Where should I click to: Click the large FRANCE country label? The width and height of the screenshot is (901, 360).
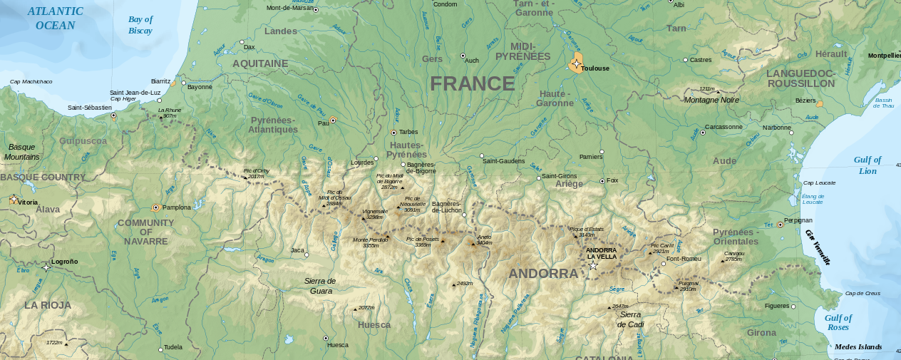pos(472,84)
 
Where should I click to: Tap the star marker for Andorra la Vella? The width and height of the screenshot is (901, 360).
pos(593,266)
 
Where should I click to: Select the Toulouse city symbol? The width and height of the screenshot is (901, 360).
pos(576,64)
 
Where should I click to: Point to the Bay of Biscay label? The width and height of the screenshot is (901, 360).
pos(140,25)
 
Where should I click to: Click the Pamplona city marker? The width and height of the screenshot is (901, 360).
pos(156,208)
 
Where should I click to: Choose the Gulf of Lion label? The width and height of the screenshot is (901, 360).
pos(867,165)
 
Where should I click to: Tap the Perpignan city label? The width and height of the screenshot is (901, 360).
pos(798,220)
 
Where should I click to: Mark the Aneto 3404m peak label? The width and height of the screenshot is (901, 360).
pos(484,240)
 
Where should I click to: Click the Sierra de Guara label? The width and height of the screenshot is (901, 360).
pos(320,285)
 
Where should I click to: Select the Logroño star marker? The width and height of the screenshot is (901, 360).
pos(46,267)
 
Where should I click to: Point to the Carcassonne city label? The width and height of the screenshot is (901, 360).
pos(724,127)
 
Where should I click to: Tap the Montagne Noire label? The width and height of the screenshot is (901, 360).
pos(711,100)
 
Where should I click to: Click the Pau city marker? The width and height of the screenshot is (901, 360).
pos(333,120)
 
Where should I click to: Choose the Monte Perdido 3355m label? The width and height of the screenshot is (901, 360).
pos(370,242)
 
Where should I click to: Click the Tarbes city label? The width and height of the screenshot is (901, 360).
pos(408,132)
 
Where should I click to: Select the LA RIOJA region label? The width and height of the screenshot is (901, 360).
pos(48,305)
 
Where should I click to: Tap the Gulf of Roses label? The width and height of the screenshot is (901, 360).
pos(838,322)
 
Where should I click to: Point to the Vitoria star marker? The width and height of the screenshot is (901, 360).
pos(13,200)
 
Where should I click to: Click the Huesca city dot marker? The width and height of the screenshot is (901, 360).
pos(326,338)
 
